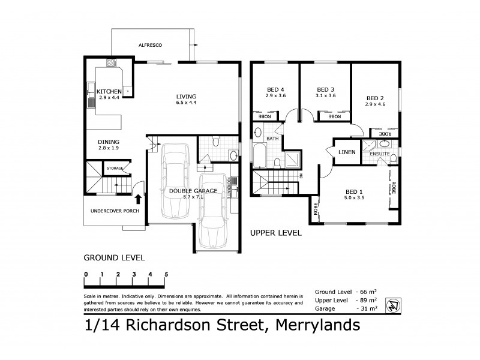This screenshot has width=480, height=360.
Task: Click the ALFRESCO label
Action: point(151,45)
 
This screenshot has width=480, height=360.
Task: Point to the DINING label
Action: point(109,142)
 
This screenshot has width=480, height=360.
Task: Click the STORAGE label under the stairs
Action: point(115,169)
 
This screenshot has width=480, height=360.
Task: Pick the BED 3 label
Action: point(325,88)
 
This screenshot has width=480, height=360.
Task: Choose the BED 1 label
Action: point(354,191)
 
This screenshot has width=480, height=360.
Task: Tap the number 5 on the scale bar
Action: point(166,275)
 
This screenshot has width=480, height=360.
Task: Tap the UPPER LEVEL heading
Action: point(275,233)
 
